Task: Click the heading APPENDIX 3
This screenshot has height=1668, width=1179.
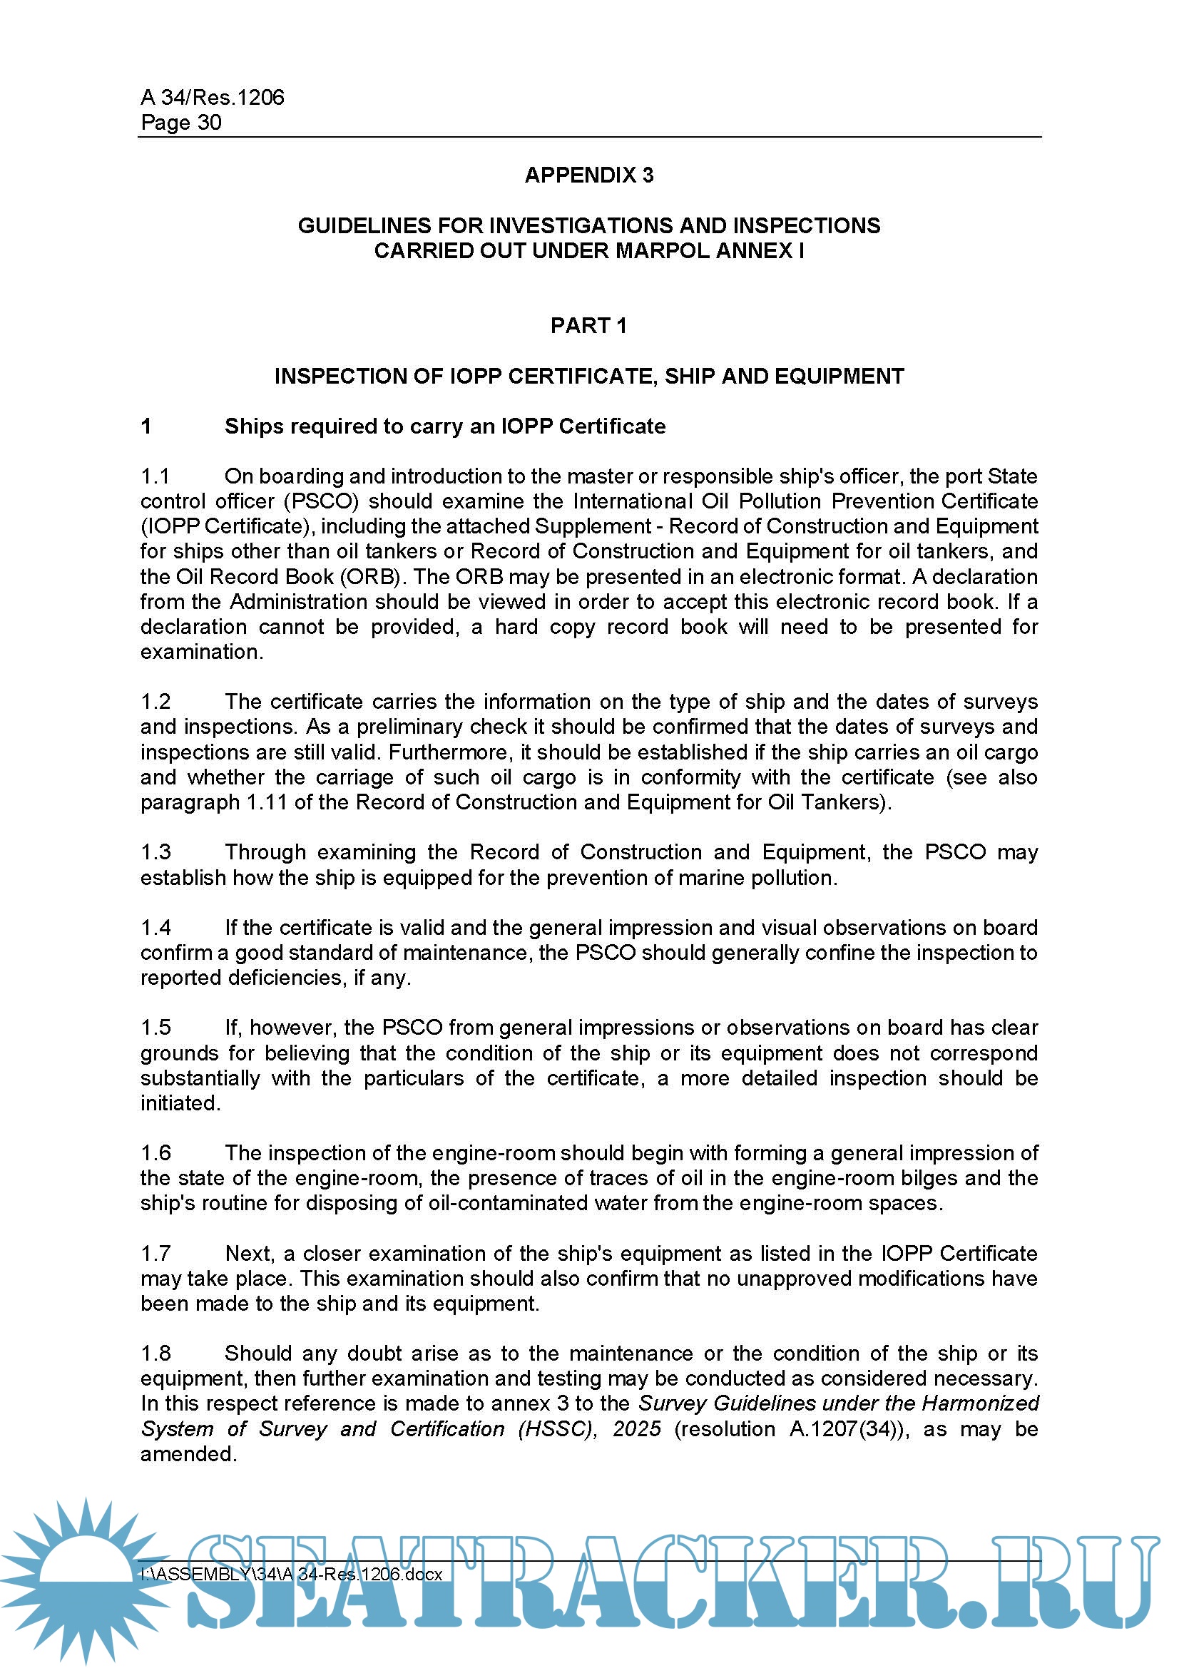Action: pos(588,175)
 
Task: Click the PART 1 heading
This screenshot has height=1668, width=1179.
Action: pos(588,325)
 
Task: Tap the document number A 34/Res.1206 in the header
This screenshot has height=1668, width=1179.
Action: pos(212,98)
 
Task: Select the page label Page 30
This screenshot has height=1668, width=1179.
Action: pos(181,122)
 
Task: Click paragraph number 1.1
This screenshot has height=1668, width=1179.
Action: pos(155,476)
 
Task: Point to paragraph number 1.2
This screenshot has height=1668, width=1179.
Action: pos(155,702)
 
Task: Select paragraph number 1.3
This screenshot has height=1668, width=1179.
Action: pos(155,852)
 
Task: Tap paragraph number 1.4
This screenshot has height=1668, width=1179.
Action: pos(155,928)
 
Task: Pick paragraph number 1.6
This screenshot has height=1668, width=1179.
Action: pos(155,1153)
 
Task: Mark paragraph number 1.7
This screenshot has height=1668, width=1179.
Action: pos(155,1253)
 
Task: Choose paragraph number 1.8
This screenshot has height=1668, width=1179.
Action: pos(155,1354)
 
